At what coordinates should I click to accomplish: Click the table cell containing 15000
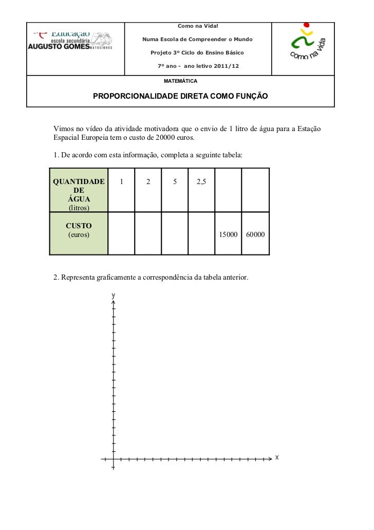point(228,234)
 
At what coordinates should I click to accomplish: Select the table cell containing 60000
point(255,234)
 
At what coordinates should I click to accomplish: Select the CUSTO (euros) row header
point(79,230)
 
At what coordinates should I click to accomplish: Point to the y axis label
point(113,296)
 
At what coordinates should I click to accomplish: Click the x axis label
point(277,457)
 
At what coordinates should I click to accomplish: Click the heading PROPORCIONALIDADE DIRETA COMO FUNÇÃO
point(180,96)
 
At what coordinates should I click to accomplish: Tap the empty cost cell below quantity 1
point(121,234)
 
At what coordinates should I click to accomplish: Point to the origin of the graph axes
point(113,458)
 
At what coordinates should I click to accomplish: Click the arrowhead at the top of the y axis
point(113,303)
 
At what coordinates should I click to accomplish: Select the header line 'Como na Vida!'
point(198,26)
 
